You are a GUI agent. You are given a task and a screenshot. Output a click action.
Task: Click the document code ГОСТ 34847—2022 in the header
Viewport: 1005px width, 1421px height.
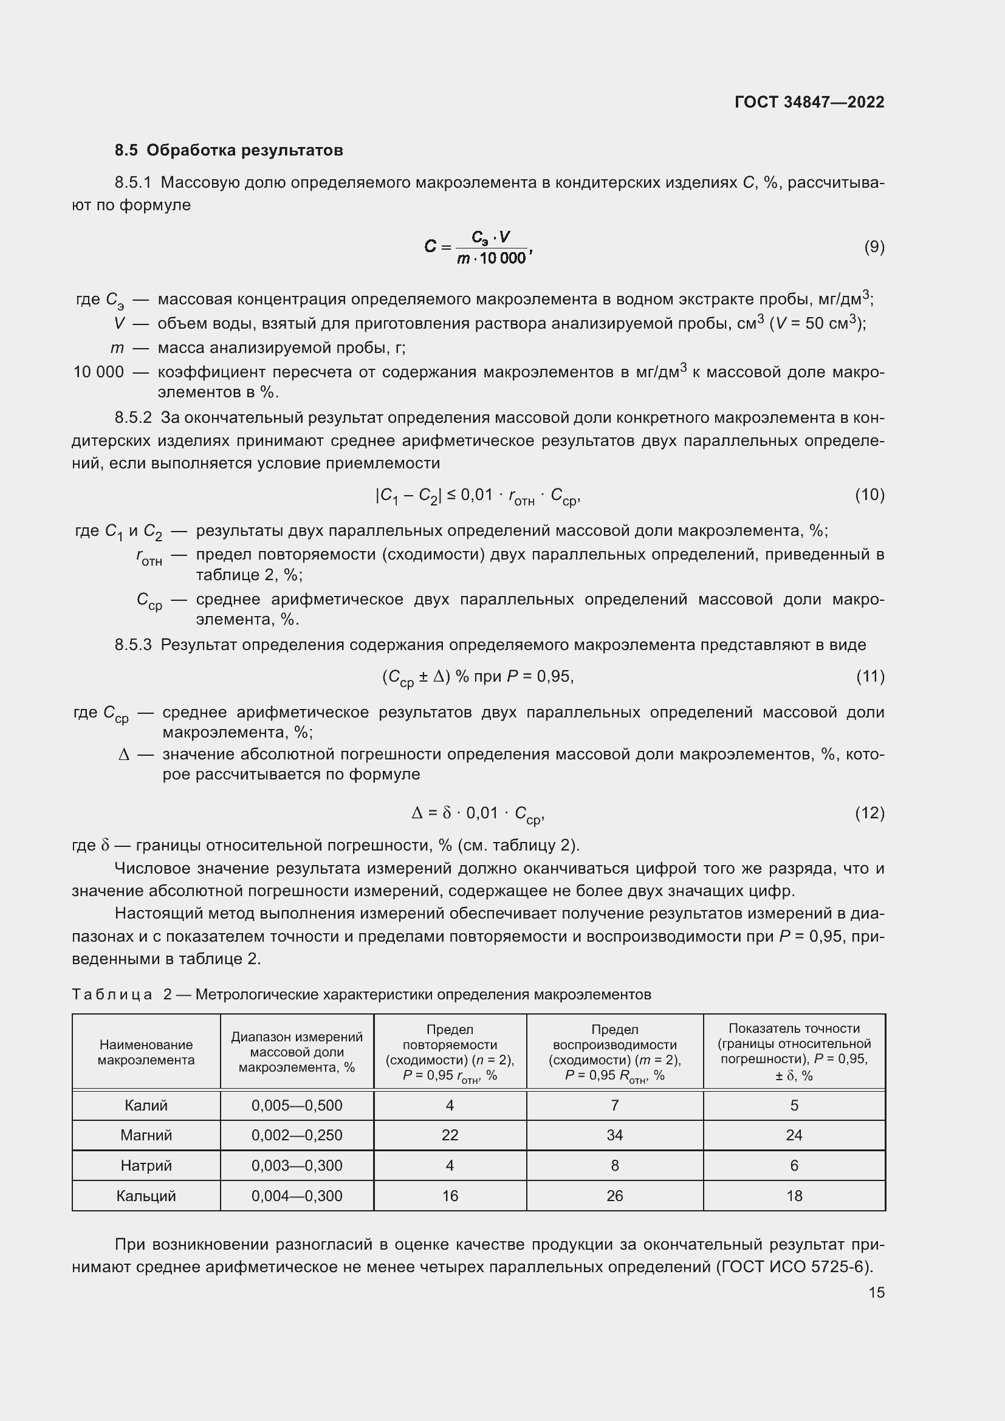[x=809, y=102]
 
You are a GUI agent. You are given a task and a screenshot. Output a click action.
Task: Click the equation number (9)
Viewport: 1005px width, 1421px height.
[x=874, y=247]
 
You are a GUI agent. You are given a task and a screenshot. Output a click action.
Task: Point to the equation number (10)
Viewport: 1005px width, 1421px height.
[x=870, y=495]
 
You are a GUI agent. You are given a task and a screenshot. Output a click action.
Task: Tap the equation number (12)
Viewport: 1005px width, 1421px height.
[x=870, y=813]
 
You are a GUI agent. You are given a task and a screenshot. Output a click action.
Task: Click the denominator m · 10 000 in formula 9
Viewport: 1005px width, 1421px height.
[x=492, y=259]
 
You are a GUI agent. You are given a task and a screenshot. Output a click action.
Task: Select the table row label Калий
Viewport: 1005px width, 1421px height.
[x=146, y=1104]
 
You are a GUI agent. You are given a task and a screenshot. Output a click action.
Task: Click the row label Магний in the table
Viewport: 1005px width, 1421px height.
[x=146, y=1134]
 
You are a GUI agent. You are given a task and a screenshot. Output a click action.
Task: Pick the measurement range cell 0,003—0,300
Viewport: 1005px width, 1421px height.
[x=297, y=1165]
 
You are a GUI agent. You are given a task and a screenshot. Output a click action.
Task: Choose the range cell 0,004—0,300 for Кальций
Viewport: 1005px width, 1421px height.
[x=297, y=1195]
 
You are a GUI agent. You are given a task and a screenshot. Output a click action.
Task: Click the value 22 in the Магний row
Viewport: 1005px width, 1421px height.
[x=450, y=1134]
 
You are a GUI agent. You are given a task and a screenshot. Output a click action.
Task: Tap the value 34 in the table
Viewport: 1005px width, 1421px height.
[x=614, y=1134]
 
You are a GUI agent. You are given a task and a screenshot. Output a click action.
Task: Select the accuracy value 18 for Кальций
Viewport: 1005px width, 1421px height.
[x=794, y=1195]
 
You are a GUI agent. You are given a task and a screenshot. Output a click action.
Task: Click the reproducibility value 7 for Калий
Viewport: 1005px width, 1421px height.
[x=614, y=1104]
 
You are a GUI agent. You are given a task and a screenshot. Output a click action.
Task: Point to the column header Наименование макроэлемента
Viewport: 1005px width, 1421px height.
[x=146, y=1052]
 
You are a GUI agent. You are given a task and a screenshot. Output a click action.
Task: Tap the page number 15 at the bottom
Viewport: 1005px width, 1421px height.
[x=876, y=1292]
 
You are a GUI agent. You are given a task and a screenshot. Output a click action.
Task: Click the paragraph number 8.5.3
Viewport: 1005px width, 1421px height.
[x=132, y=645]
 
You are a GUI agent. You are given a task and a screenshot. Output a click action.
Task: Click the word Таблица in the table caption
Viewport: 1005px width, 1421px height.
[x=112, y=994]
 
